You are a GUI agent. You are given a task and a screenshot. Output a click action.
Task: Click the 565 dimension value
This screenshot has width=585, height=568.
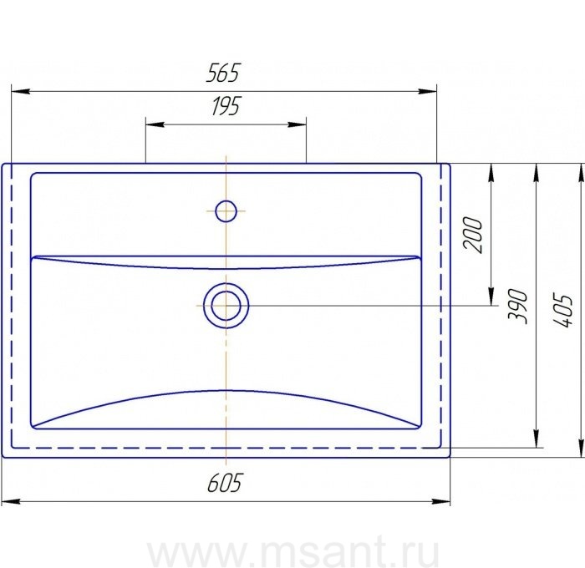[x=222, y=74]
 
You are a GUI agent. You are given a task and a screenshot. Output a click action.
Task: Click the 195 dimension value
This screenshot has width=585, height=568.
[x=226, y=106]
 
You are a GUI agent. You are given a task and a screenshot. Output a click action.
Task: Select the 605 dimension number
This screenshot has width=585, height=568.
[x=225, y=483]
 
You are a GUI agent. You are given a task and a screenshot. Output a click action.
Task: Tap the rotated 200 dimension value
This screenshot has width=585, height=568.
[x=473, y=234]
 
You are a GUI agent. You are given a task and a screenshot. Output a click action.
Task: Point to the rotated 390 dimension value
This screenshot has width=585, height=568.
[x=517, y=307]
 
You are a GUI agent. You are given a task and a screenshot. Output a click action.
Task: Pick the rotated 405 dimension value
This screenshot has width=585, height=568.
[x=562, y=310]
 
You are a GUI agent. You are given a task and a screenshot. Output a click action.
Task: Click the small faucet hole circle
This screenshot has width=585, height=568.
[x=226, y=211]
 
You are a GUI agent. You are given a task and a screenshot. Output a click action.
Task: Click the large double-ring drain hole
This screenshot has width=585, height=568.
[x=226, y=306]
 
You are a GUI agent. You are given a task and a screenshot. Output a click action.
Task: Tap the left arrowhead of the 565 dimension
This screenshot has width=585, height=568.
[x=21, y=91]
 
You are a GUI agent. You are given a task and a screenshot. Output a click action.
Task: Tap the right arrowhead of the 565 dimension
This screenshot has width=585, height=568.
[x=427, y=91]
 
